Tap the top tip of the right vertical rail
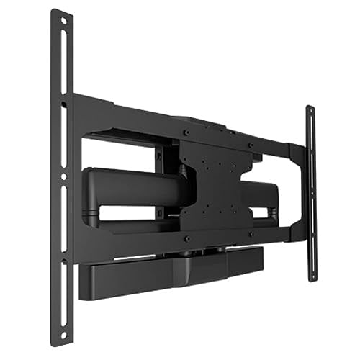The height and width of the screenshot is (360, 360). coord(310,109)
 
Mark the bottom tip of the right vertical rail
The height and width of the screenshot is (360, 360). coord(311,278)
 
